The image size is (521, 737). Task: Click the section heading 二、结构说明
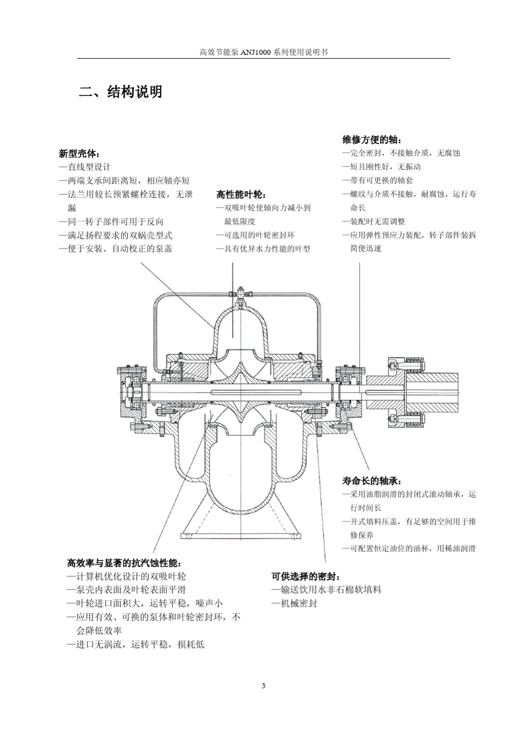tap(121, 92)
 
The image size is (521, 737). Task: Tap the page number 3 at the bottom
tap(263, 685)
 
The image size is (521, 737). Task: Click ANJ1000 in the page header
tap(256, 52)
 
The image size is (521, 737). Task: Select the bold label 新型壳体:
tap(79, 154)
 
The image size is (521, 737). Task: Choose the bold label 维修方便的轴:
tap(372, 140)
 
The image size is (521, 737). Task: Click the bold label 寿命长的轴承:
tap(372, 481)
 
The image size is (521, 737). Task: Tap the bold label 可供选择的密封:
tap(306, 576)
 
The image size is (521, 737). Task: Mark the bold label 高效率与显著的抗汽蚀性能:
tap(124, 563)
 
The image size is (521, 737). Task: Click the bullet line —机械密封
tap(295, 603)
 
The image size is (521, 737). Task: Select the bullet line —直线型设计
tap(85, 167)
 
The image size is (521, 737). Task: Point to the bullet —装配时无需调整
tap(373, 222)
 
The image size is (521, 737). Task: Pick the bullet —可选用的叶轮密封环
tap(256, 235)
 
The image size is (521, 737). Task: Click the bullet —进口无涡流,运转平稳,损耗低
tap(135, 644)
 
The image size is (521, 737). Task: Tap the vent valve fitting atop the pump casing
tap(240, 296)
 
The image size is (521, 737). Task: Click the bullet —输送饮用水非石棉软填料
tap(326, 589)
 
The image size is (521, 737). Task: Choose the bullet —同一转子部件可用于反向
tap(111, 222)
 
